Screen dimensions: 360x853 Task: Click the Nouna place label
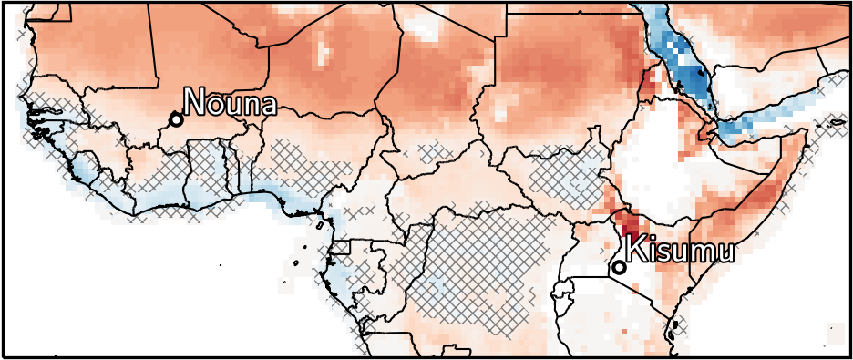coord(230,102)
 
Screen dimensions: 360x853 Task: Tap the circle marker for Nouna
coord(176,119)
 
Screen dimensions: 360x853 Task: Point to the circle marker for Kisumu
coord(619,267)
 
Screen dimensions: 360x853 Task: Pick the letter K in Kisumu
coord(635,250)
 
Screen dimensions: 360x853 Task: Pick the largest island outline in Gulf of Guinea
coord(321,223)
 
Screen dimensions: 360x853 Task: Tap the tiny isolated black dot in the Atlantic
coord(221,264)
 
